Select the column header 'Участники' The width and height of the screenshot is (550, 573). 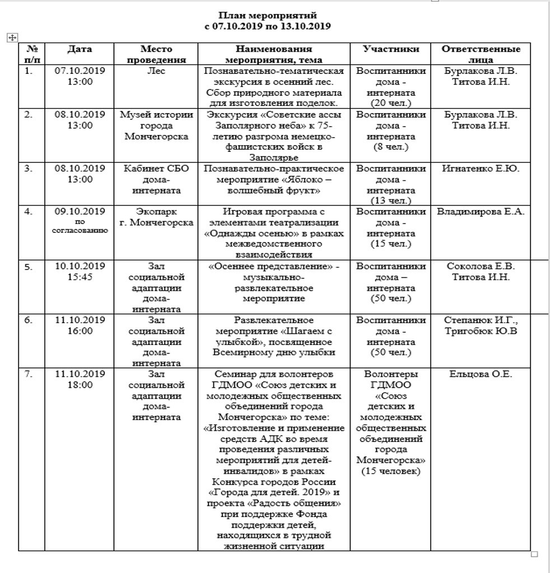coord(391,49)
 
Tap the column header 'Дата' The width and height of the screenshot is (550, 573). coord(80,49)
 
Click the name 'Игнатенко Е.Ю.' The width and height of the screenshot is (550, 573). coord(481,169)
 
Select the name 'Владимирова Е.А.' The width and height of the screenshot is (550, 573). coord(481,212)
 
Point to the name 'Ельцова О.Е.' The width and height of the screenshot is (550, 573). coord(481,374)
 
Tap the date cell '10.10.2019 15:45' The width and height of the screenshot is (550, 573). coord(80,271)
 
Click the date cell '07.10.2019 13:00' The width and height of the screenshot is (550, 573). coord(80,76)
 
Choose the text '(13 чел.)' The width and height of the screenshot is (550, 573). coord(391,201)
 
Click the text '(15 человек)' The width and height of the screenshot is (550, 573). coord(391,471)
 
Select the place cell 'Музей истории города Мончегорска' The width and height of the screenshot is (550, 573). coord(157,125)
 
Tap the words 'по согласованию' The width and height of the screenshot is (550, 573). coord(80,226)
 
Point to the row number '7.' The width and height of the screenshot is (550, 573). coord(29,374)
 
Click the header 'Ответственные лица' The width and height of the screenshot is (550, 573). coord(481,54)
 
